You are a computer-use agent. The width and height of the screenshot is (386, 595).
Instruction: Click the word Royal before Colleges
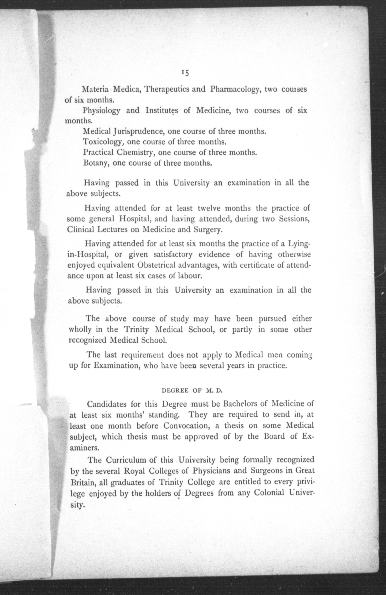(x=135, y=471)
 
